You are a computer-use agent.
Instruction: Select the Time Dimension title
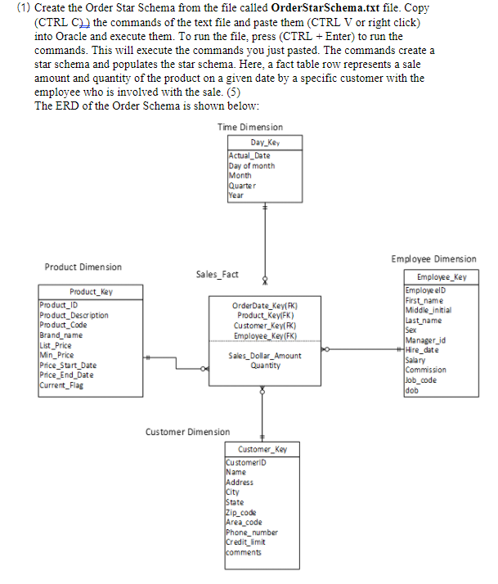[x=250, y=127]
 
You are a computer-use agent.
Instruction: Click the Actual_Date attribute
[x=249, y=155]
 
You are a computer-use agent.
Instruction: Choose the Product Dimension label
[x=83, y=267]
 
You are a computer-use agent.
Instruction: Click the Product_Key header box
[x=92, y=291]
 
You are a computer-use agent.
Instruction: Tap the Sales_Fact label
[x=218, y=275]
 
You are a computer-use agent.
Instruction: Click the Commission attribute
[x=425, y=370]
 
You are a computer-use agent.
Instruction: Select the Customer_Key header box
[x=262, y=450]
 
